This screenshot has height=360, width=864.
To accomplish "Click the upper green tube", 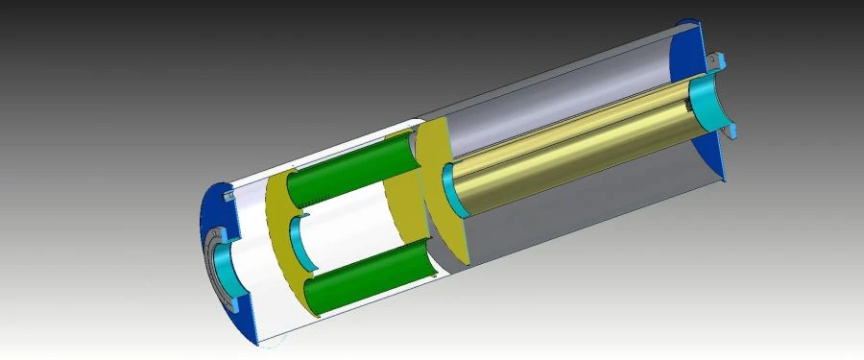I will coord(355,173).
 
